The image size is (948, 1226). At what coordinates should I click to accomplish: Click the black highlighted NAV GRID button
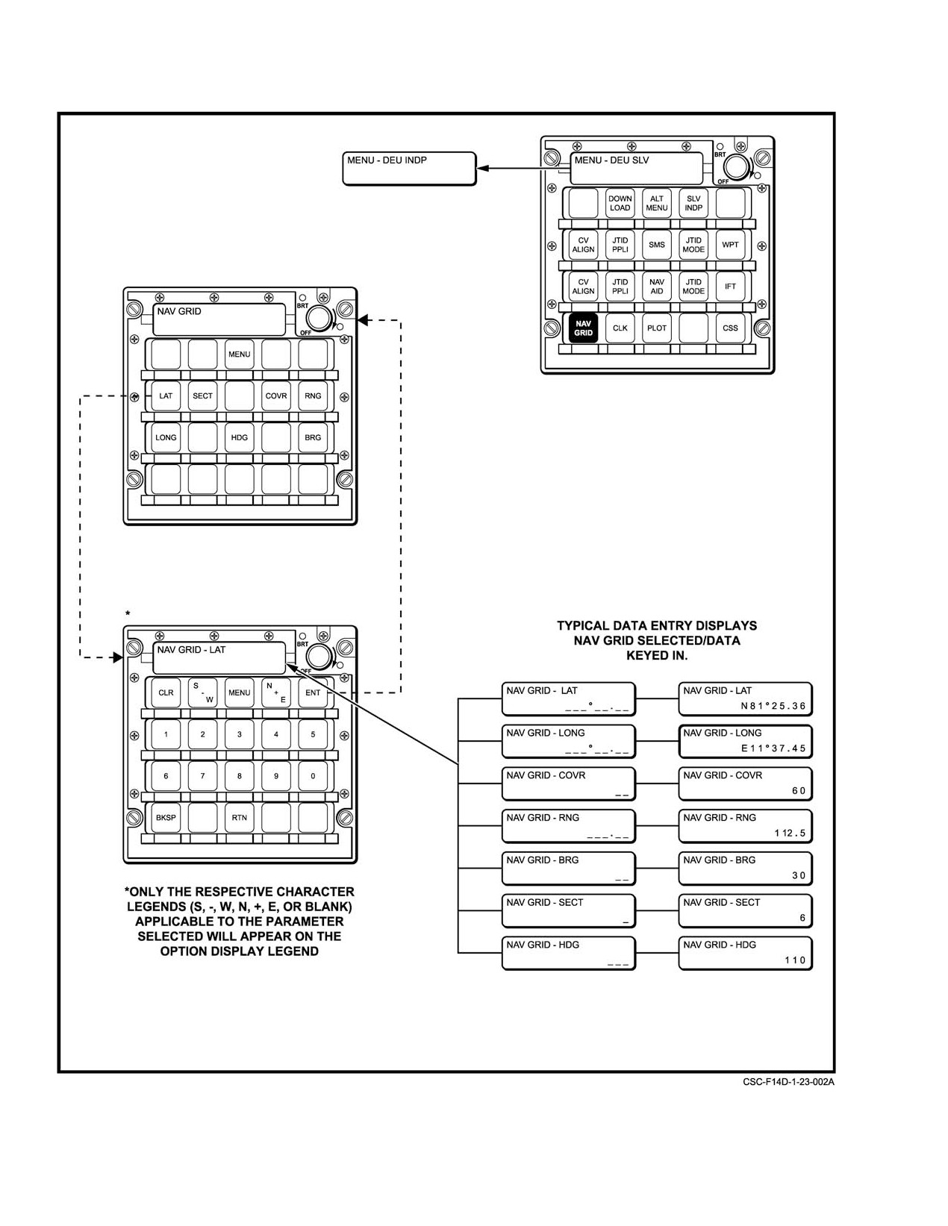[x=583, y=328]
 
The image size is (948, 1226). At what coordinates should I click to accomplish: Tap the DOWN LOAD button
[x=620, y=203]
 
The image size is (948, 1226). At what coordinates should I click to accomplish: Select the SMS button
[x=656, y=245]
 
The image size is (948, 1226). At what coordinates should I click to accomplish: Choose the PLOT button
[x=656, y=328]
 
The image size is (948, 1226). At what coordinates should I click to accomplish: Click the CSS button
[x=730, y=328]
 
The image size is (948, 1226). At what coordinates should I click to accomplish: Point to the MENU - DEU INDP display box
[x=410, y=168]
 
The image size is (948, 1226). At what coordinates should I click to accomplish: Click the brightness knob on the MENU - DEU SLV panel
[x=736, y=167]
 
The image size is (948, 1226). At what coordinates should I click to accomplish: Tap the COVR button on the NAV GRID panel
[x=276, y=396]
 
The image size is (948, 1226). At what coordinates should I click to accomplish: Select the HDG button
[x=240, y=438]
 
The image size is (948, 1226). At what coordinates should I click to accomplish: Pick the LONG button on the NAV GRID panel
[x=166, y=438]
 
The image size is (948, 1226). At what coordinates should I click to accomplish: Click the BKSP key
[x=166, y=818]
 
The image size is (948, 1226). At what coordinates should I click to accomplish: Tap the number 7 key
[x=202, y=776]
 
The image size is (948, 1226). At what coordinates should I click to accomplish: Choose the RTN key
[x=240, y=818]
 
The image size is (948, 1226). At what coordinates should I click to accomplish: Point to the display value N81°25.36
[x=773, y=707]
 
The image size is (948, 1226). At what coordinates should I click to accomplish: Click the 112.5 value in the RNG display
[x=790, y=834]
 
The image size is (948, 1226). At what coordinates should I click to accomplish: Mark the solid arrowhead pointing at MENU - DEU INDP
[x=483, y=168]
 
